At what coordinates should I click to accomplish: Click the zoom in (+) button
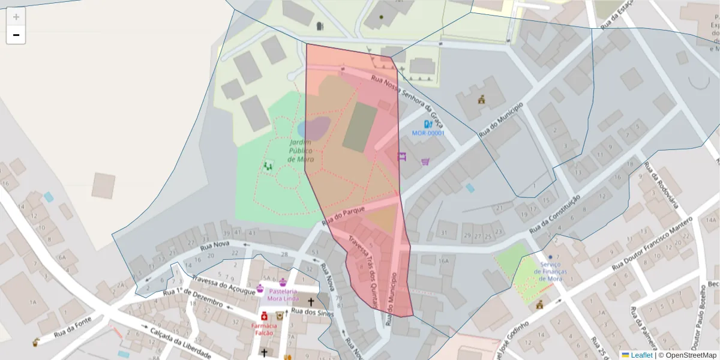coord(16,17)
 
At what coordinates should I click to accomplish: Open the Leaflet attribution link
coord(641,355)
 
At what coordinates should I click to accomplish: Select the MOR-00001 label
coord(428,133)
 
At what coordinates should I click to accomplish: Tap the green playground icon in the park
coord(268,164)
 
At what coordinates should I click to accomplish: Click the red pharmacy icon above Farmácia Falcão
coord(264,316)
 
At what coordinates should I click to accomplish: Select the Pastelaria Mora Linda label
coord(283,295)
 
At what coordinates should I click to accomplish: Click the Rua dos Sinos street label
coord(311,312)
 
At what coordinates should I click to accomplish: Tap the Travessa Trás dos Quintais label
coord(363,269)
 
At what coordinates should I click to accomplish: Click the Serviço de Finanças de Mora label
coord(550,272)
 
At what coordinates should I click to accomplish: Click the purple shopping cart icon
coord(425,161)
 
